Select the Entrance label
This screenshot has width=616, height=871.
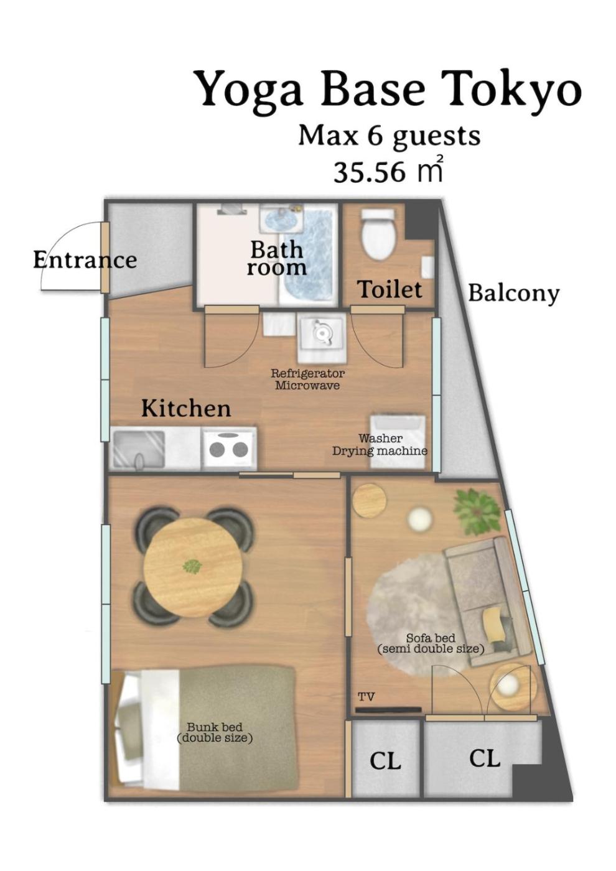click(x=85, y=260)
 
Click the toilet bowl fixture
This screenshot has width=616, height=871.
click(x=378, y=235)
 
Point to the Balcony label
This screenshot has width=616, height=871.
click(x=513, y=294)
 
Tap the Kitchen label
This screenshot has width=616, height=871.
click(x=186, y=409)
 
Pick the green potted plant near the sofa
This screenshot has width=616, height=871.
click(x=477, y=511)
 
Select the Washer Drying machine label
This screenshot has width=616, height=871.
click(x=380, y=445)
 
